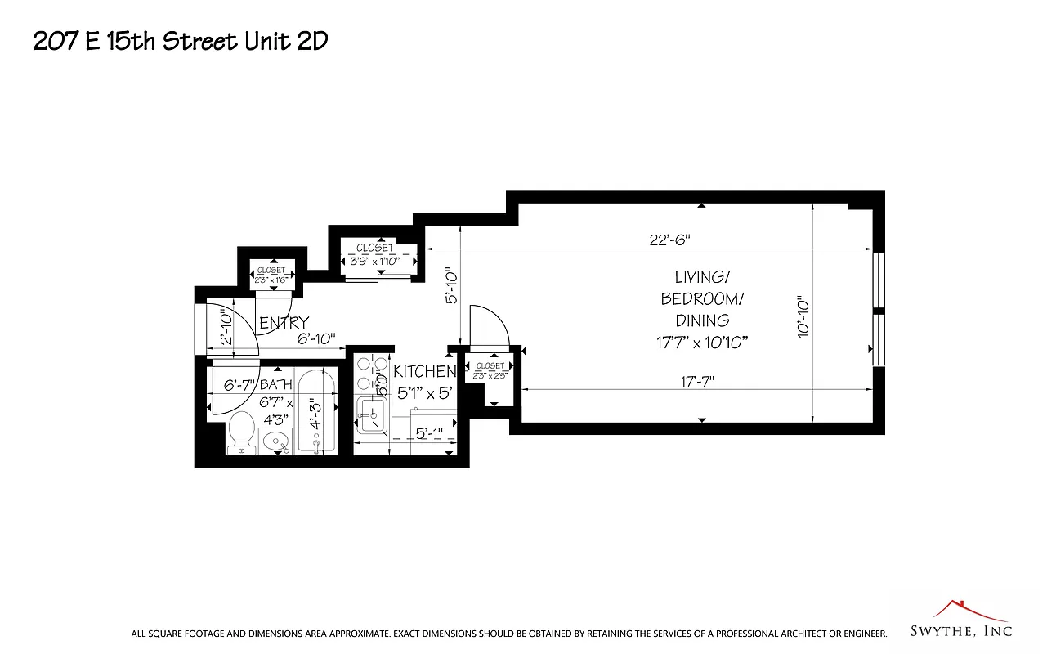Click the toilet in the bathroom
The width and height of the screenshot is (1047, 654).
point(240,431)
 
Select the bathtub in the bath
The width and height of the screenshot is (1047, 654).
point(316,414)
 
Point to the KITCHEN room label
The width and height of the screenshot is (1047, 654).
point(424,371)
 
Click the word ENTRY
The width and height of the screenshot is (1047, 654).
point(284,323)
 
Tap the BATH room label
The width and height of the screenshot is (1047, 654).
point(275,384)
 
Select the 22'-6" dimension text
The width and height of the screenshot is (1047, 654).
point(670,240)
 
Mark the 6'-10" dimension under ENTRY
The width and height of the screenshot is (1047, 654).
point(315,339)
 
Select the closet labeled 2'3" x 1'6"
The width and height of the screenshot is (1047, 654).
point(271,275)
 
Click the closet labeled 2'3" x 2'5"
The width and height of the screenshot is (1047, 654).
point(490,371)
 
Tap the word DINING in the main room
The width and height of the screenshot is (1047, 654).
point(702,320)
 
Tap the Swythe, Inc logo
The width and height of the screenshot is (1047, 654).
point(961,620)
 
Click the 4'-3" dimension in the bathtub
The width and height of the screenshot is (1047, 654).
point(315,414)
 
